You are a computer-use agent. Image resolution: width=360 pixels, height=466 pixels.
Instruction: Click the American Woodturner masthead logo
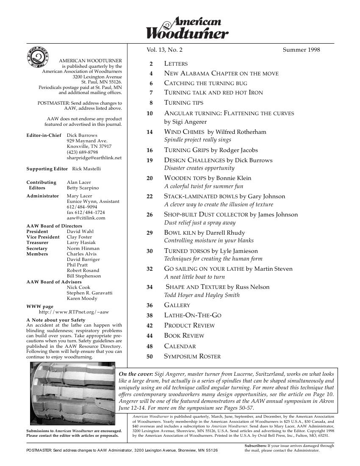(187, 28)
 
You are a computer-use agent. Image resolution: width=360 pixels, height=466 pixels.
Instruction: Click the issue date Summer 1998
(301, 50)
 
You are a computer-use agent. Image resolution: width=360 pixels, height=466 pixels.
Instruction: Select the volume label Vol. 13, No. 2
(164, 50)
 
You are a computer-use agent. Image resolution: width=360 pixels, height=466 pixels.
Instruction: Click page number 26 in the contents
(150, 215)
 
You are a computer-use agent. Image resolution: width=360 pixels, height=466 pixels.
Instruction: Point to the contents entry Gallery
(177, 305)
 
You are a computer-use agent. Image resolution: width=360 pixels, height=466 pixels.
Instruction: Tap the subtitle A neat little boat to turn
(194, 277)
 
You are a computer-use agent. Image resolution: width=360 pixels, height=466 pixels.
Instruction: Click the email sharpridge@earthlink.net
(94, 158)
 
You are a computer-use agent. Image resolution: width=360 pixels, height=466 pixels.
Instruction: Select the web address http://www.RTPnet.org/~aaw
(74, 312)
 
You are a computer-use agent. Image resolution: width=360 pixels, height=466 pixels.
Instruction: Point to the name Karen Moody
(82, 298)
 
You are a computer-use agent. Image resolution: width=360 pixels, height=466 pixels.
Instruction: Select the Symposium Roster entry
(192, 356)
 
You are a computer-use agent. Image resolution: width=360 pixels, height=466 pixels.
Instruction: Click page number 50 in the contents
(150, 357)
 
